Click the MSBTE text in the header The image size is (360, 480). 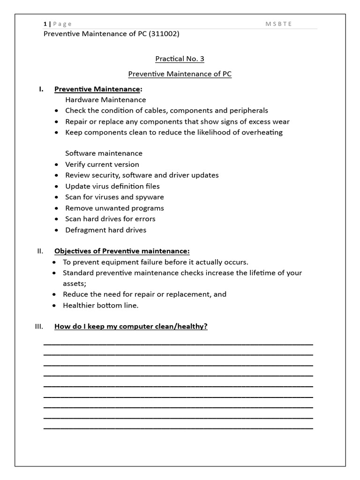coord(278,24)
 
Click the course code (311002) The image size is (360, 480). coord(164,34)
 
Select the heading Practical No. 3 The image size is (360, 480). coord(180,59)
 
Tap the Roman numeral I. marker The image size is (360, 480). coord(41,89)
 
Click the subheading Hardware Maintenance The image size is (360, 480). coord(105,100)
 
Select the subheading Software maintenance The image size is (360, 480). coord(104,153)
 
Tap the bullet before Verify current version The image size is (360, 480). coord(56,165)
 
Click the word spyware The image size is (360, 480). coord(148,197)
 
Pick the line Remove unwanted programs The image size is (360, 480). coord(114,208)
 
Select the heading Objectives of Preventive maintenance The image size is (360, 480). coord(122,251)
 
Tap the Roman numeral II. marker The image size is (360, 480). coord(40,251)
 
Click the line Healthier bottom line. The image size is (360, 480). coord(101,305)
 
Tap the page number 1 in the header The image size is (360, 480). coord(45,24)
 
